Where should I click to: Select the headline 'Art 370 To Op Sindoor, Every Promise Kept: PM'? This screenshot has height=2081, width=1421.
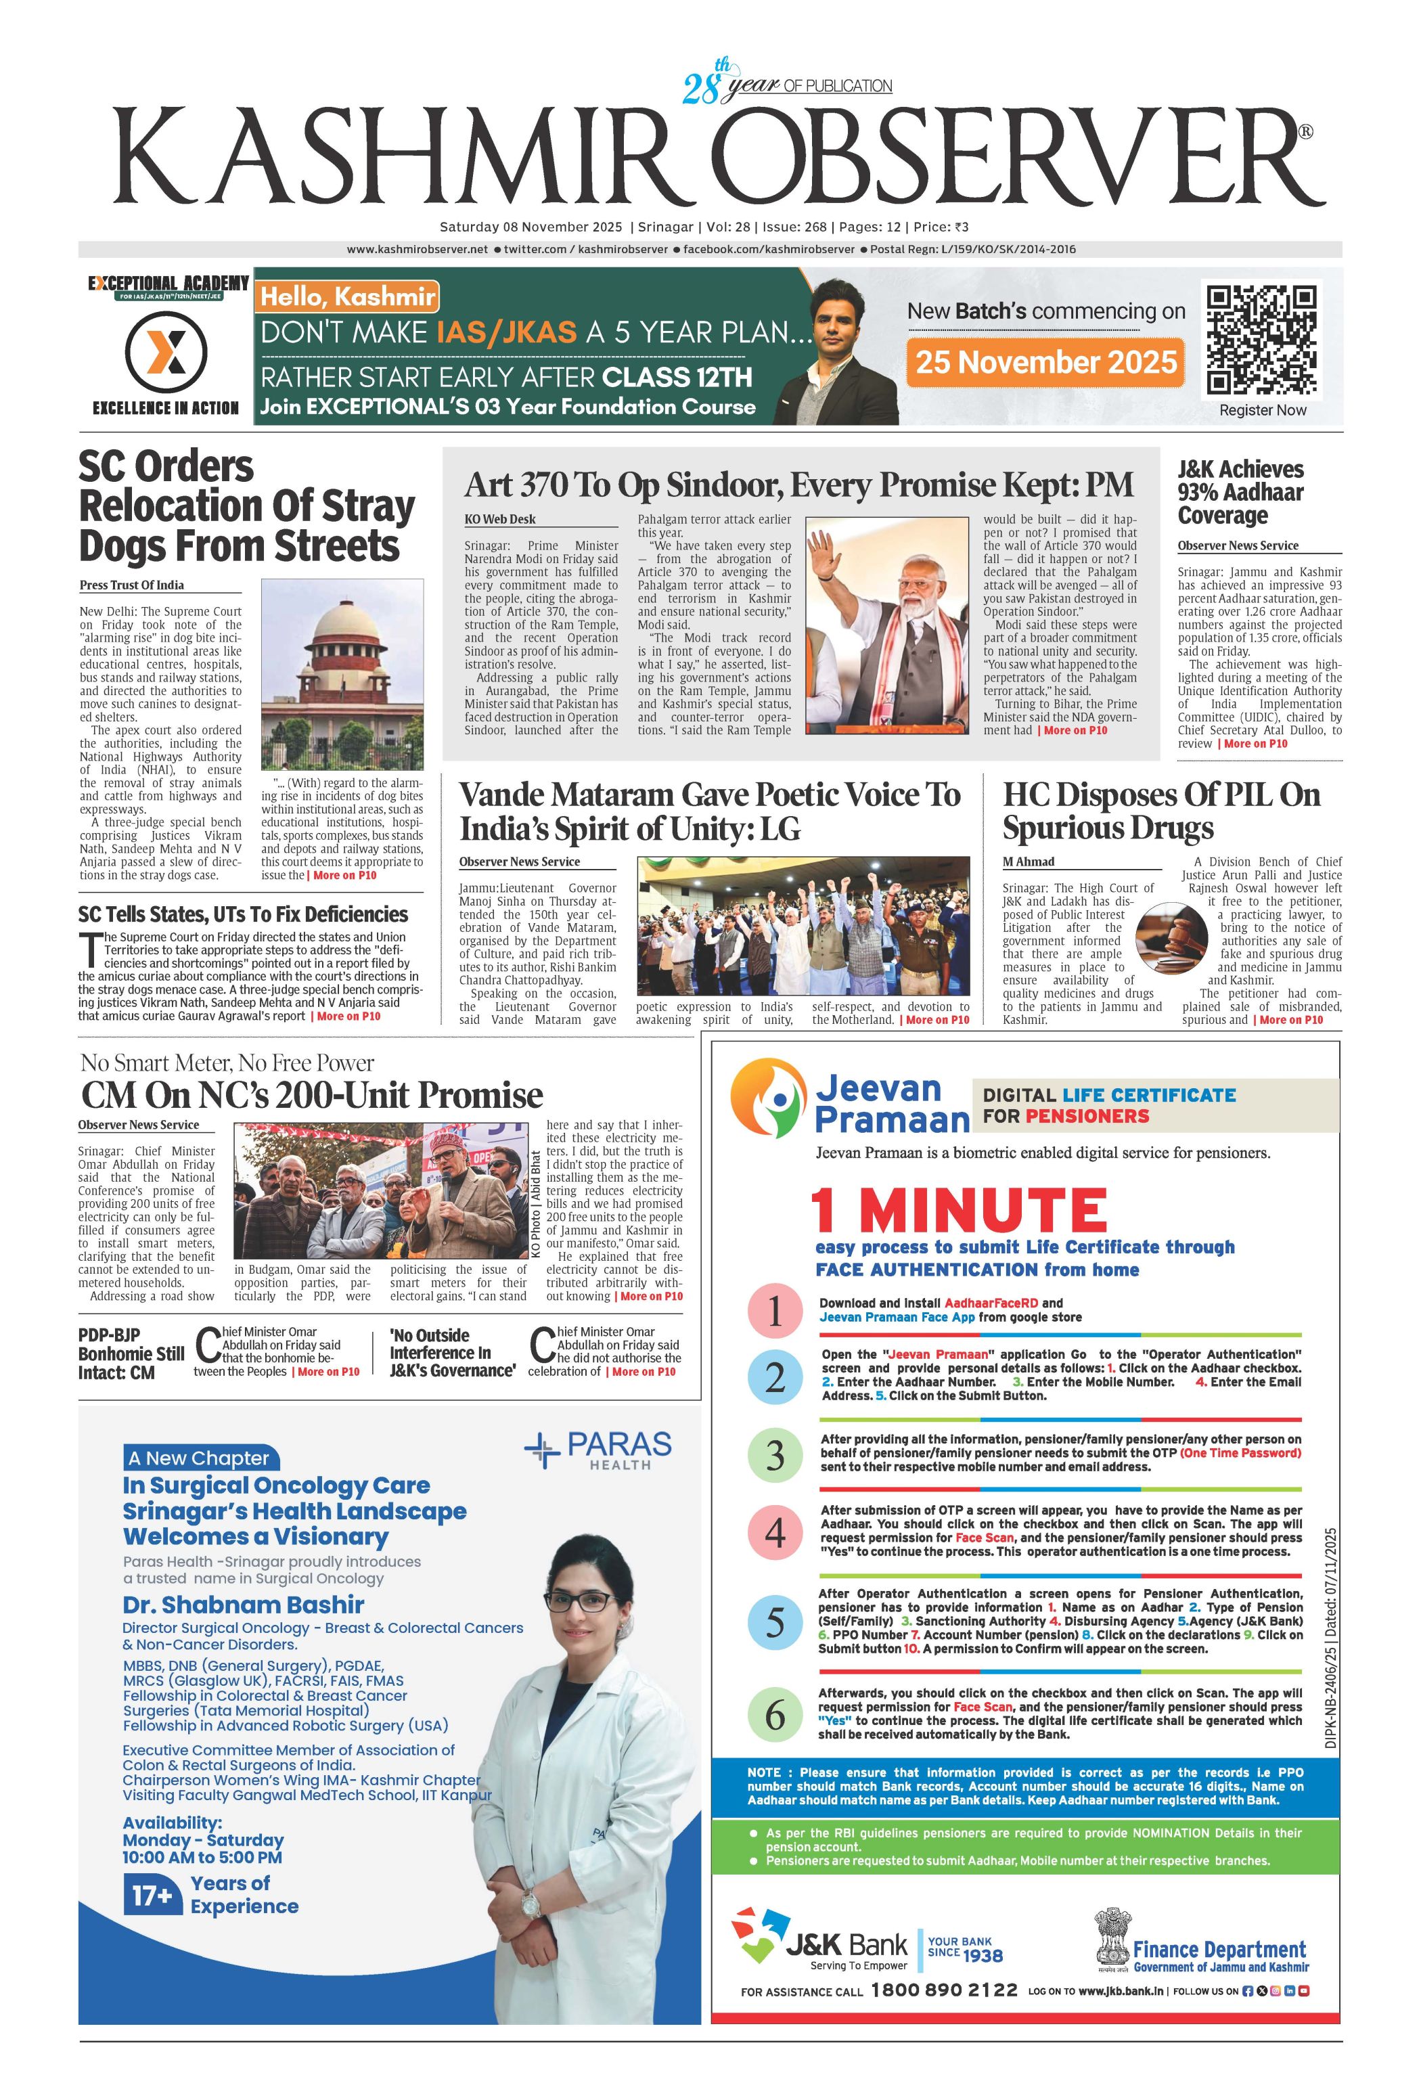798,485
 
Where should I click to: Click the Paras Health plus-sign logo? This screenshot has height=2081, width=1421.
543,1451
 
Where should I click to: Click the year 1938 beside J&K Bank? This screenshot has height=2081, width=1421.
983,1956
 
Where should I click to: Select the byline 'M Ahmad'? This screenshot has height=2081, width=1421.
1028,862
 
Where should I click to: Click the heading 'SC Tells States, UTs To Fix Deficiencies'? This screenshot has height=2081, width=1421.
243,914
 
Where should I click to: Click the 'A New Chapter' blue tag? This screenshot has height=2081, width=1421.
199,1458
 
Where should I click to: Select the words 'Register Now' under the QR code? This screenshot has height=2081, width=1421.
1263,410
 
